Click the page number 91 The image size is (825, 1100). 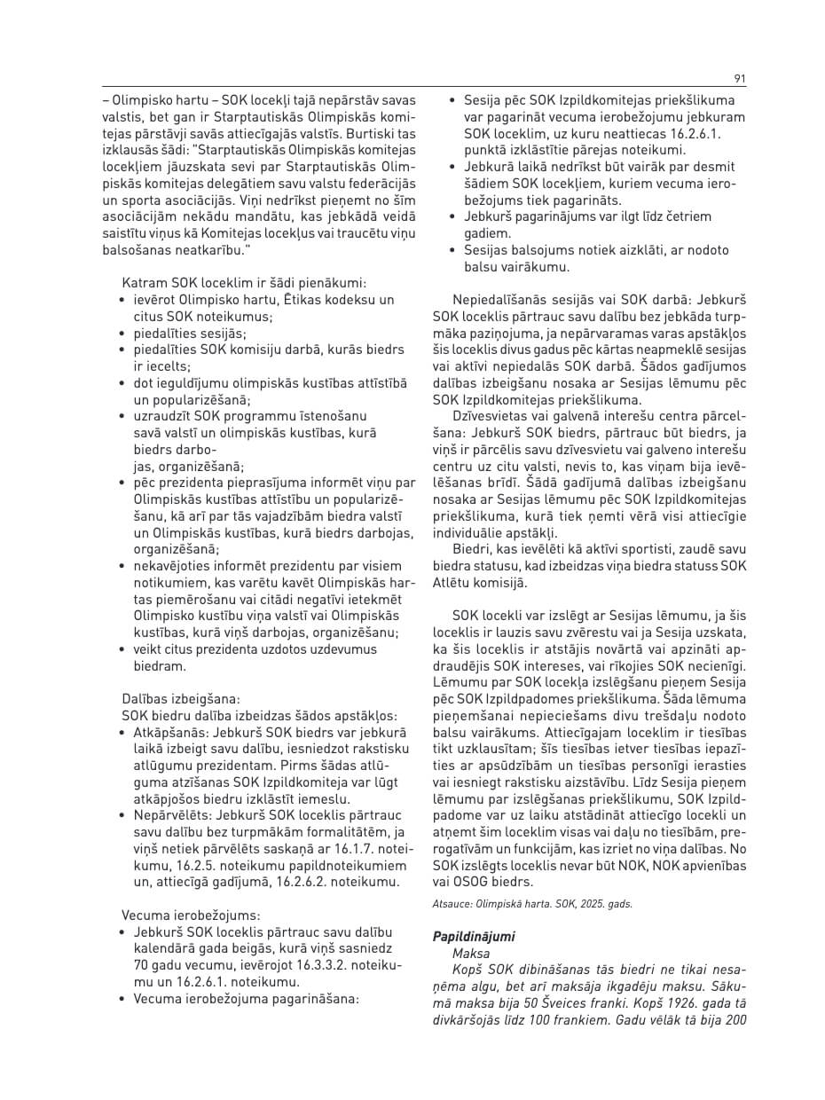[740, 79]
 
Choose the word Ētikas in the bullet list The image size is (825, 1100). [271, 300]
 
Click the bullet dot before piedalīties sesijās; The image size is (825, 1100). [122, 334]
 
